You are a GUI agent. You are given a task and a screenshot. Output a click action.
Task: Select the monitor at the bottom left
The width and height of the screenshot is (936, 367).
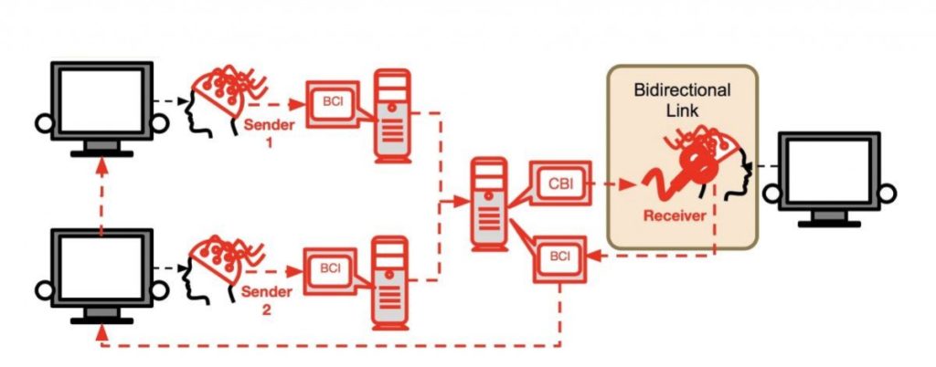[x=101, y=272]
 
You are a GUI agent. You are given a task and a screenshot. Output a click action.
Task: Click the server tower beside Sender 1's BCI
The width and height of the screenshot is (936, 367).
[x=391, y=113]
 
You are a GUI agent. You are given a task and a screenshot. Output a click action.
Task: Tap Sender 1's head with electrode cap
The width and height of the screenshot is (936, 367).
[x=219, y=100]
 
